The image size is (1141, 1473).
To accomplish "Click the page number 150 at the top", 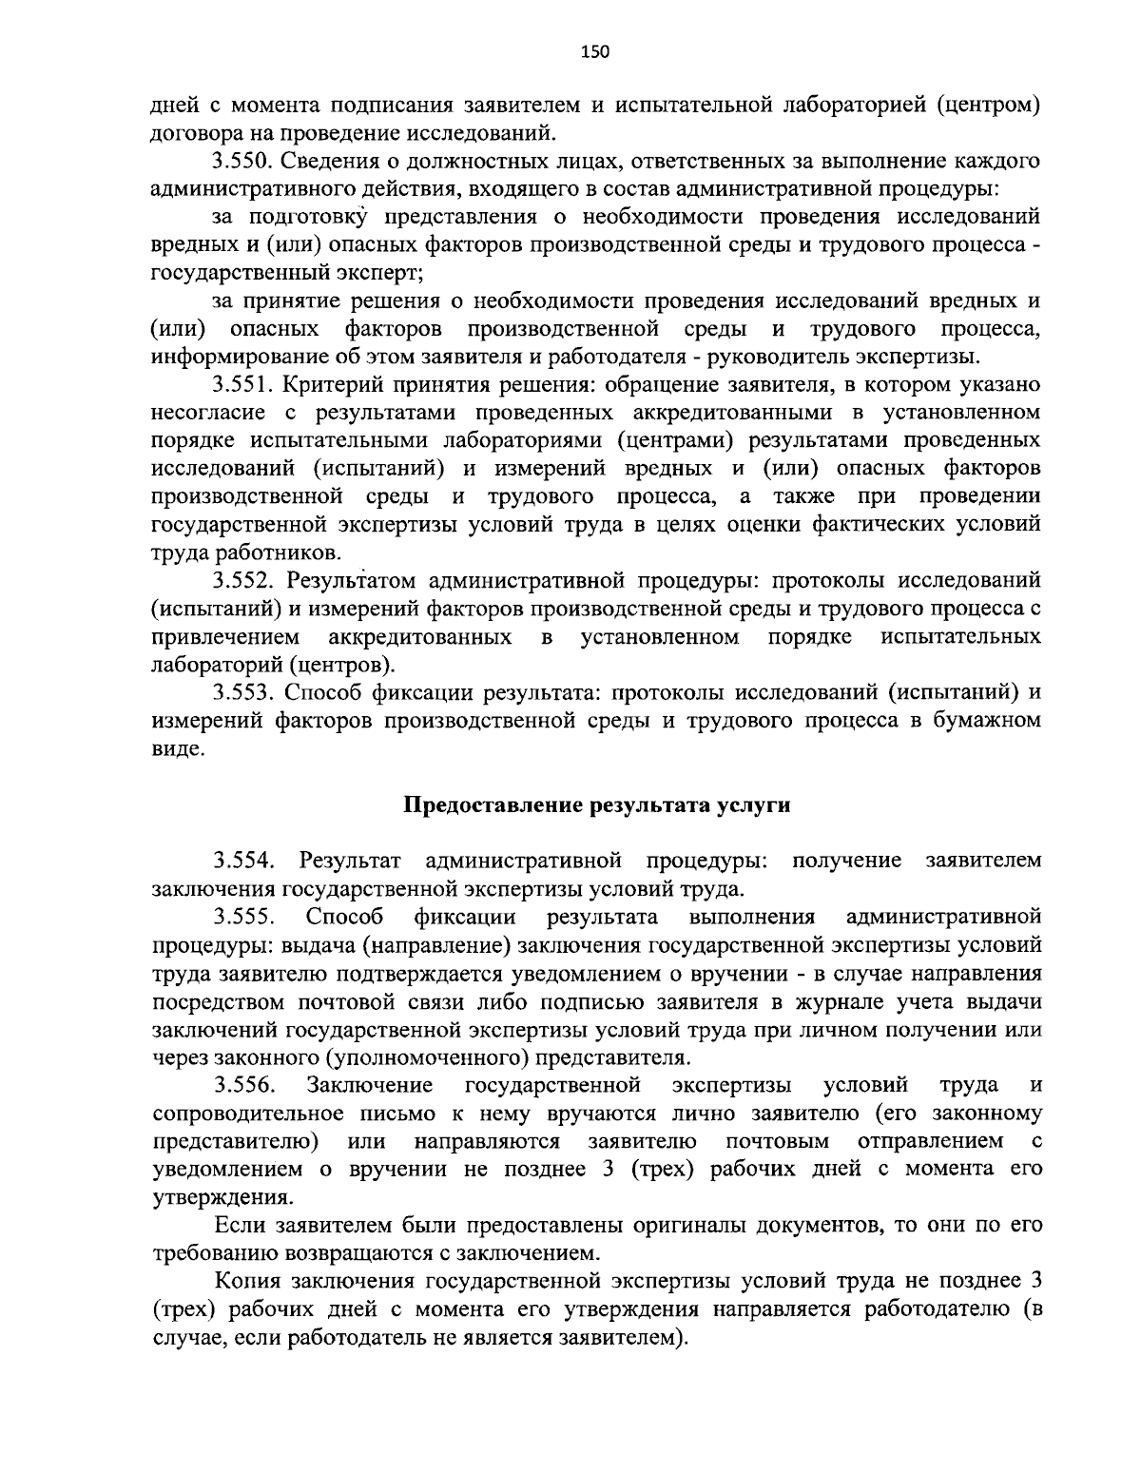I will (x=594, y=52).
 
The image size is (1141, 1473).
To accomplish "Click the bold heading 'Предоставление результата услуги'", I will (x=597, y=805).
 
